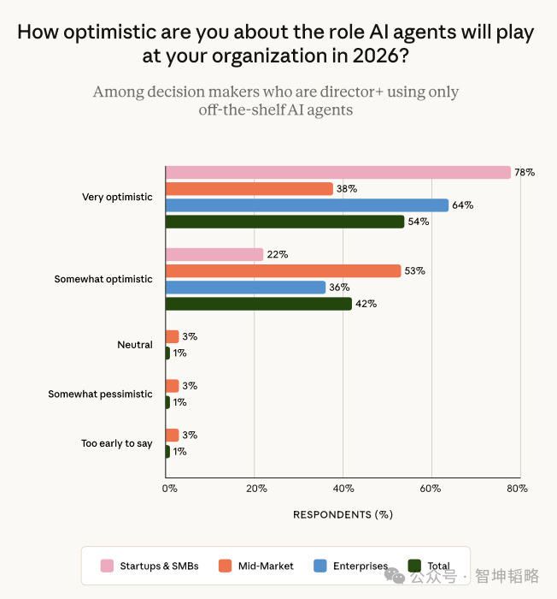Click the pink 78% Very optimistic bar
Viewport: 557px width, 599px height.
338,172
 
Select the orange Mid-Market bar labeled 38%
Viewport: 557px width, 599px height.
249,189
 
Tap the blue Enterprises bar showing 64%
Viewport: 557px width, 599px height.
307,205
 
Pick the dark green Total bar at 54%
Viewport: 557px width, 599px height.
285,222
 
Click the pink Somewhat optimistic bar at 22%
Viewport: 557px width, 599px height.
214,254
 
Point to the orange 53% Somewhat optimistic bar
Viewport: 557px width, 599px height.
284,271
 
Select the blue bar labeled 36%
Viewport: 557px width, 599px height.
246,288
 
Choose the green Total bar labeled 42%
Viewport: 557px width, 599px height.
259,304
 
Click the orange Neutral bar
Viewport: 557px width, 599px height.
173,336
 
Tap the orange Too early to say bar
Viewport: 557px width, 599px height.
173,435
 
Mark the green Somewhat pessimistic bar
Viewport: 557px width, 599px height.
167,402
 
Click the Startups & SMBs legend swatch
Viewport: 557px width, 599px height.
107,566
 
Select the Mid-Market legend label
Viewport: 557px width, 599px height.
266,566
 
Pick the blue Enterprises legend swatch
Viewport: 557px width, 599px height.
320,566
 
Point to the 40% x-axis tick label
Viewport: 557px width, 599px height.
343,489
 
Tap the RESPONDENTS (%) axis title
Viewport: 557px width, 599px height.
343,514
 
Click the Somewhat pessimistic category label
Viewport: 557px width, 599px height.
100,394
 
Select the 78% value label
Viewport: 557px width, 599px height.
525,172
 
